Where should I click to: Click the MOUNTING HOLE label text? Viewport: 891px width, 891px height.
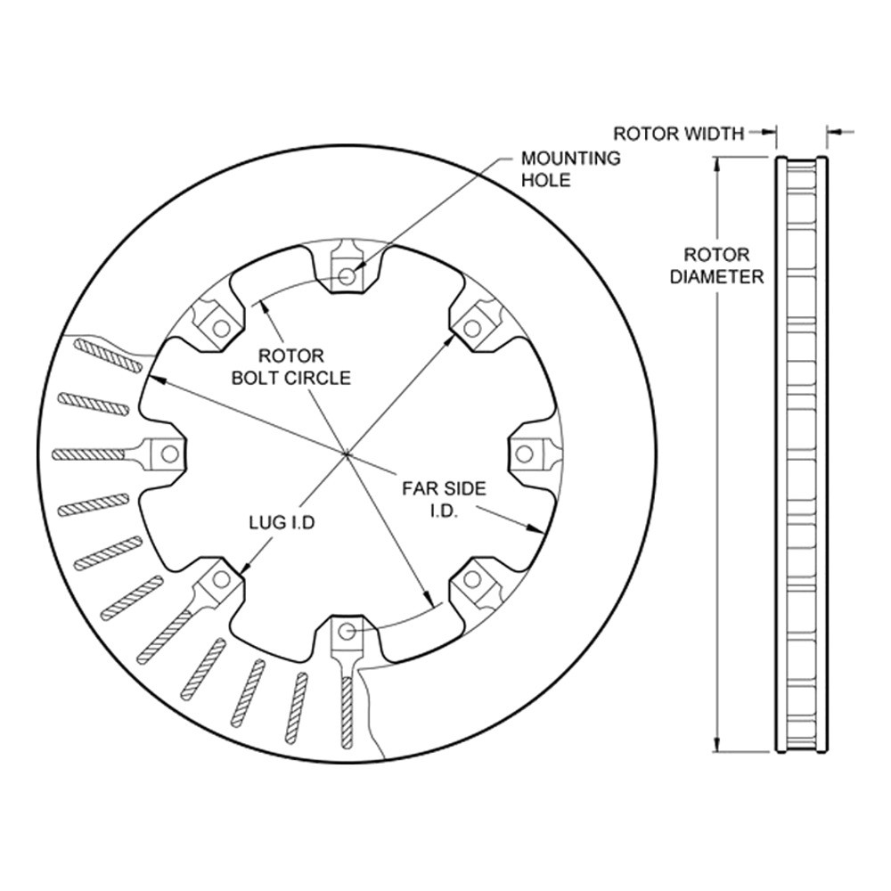point(570,168)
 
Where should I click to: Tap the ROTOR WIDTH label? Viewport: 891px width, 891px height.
point(678,134)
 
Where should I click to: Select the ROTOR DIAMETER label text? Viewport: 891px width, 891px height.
point(716,266)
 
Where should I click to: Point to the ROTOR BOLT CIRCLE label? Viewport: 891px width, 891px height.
point(291,366)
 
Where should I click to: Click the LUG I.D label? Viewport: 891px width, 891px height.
point(282,522)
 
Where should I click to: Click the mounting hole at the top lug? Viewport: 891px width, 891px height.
point(347,275)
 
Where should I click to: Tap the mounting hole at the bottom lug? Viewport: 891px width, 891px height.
point(347,632)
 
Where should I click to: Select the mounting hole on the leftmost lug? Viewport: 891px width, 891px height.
point(168,454)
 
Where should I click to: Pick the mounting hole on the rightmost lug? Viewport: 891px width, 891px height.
point(525,454)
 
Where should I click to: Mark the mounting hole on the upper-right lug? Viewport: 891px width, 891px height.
point(472,328)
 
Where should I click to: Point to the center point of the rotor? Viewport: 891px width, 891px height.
point(346,454)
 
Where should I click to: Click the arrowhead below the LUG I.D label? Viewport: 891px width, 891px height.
point(247,567)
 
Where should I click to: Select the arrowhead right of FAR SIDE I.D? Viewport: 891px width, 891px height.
point(535,529)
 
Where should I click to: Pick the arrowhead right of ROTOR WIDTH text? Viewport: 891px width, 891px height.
point(770,133)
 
